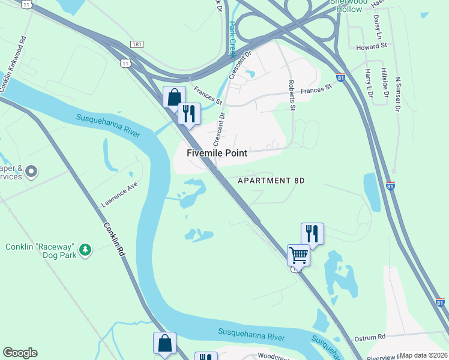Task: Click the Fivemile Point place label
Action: coord(217,153)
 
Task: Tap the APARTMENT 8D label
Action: coord(271,181)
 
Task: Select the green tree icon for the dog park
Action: coord(85,248)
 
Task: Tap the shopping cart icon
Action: coord(298,256)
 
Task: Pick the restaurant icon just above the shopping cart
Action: coord(312,233)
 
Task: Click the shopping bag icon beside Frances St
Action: coord(174,97)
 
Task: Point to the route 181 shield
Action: coord(136,44)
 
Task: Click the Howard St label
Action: coord(371,46)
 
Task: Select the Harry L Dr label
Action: coord(370,83)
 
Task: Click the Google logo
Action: coord(20,353)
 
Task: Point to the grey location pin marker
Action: coord(32,172)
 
